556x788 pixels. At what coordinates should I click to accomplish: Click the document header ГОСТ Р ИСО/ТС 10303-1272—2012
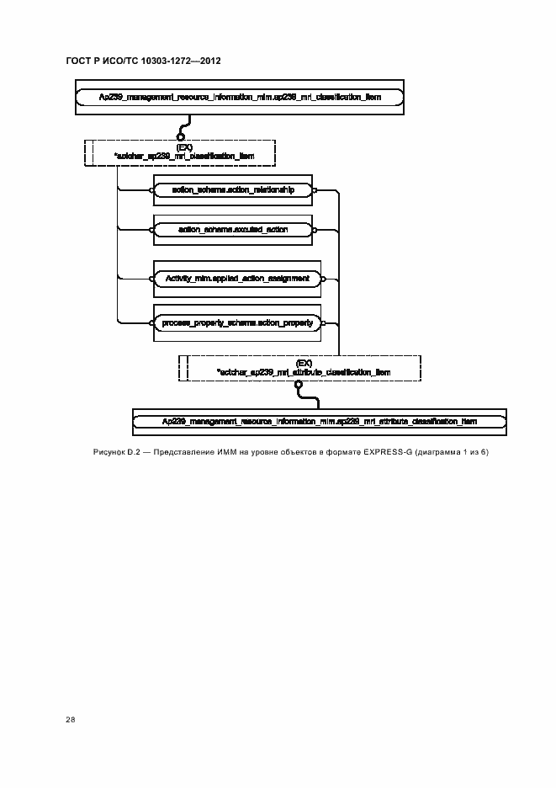[x=143, y=61]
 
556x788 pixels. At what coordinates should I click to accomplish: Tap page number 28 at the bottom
[x=70, y=720]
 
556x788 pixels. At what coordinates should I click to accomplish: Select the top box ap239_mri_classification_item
[x=240, y=98]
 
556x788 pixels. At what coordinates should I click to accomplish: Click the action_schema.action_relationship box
[x=233, y=190]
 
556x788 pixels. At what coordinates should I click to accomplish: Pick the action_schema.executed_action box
[x=233, y=229]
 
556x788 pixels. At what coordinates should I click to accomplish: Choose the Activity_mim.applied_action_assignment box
[x=238, y=278]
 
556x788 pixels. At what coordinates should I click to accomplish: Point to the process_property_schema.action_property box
[x=238, y=322]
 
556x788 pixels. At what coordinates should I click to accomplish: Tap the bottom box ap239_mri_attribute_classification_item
[x=320, y=421]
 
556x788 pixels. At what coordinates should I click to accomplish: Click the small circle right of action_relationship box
[x=315, y=190]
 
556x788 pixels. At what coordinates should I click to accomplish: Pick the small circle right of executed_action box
[x=315, y=229]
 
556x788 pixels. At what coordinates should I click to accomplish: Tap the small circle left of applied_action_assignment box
[x=153, y=278]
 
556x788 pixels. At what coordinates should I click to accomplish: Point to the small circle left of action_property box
[x=153, y=322]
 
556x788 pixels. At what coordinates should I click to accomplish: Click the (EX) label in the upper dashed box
[x=184, y=146]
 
